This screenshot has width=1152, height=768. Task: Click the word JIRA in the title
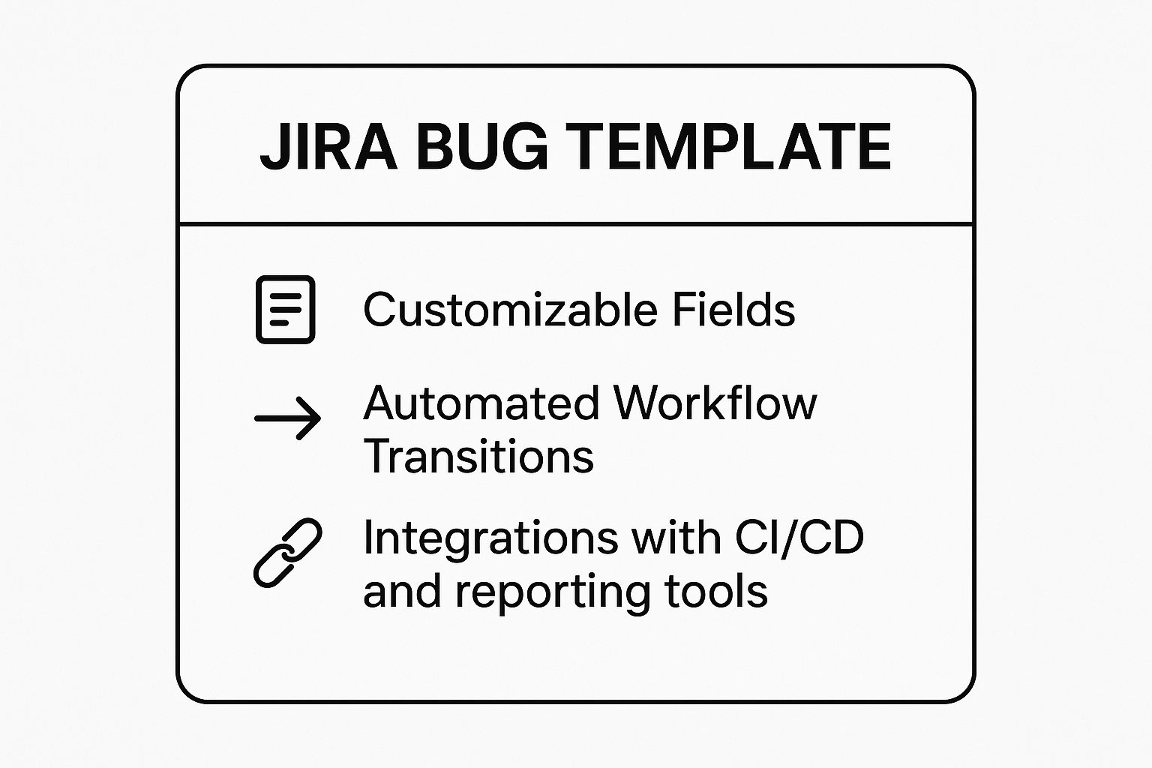click(x=328, y=147)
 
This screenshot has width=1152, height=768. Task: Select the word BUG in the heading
click(x=482, y=147)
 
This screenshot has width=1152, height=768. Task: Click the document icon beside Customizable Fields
click(x=286, y=310)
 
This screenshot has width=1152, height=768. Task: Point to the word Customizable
click(x=510, y=310)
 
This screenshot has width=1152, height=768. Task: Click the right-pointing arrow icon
click(x=287, y=418)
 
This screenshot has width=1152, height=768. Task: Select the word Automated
click(x=481, y=403)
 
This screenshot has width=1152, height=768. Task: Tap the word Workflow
click(x=715, y=403)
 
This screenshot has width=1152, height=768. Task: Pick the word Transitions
click(x=478, y=456)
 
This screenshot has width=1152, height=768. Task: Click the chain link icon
click(x=287, y=553)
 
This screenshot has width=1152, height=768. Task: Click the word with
click(x=676, y=537)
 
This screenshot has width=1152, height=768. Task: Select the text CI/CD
click(x=799, y=538)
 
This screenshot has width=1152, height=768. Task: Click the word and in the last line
click(x=402, y=591)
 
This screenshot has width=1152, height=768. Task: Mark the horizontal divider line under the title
click(x=576, y=224)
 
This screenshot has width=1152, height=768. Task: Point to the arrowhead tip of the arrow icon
click(x=320, y=418)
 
